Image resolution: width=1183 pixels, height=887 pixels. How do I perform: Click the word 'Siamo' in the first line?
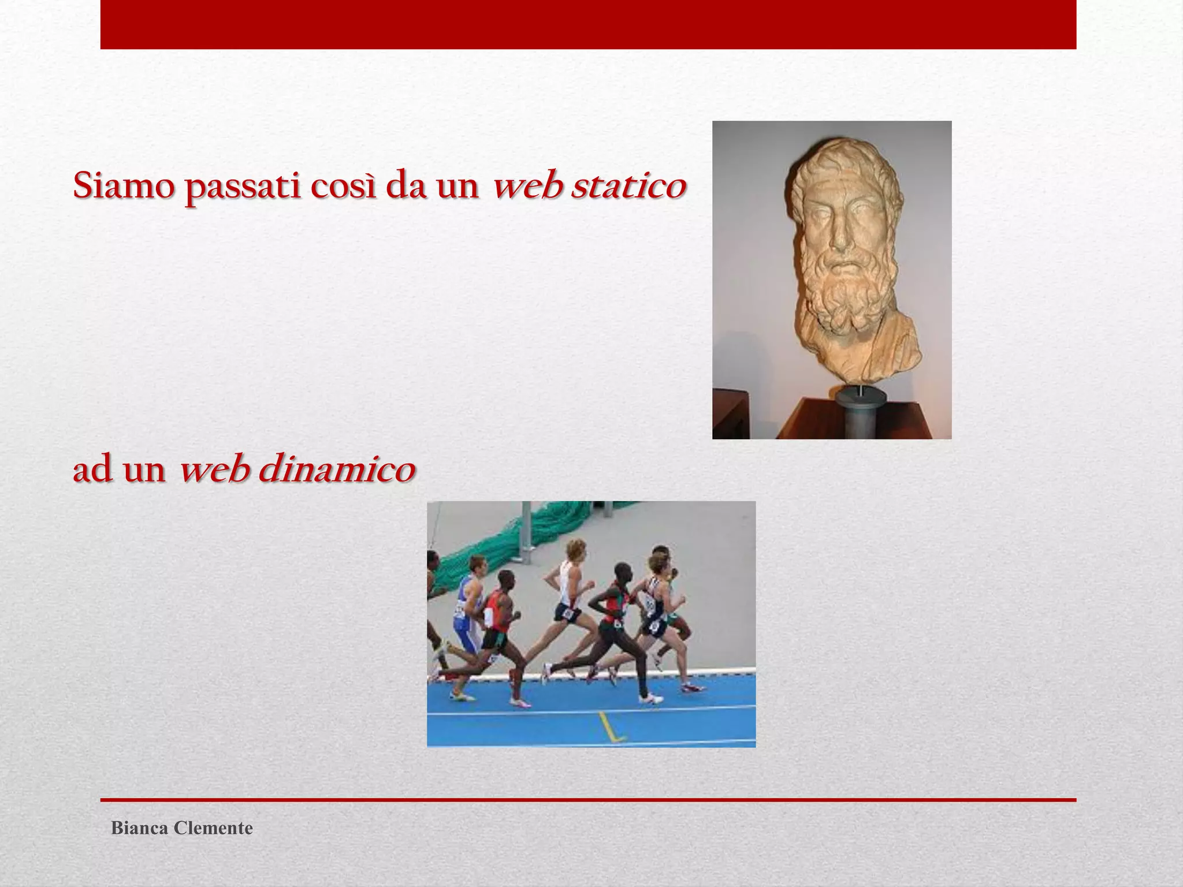pos(123,186)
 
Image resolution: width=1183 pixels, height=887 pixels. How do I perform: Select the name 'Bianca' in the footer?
pos(139,828)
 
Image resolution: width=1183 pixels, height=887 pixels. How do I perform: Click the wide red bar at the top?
pos(588,24)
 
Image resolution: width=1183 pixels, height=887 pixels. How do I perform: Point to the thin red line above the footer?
pos(588,800)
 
